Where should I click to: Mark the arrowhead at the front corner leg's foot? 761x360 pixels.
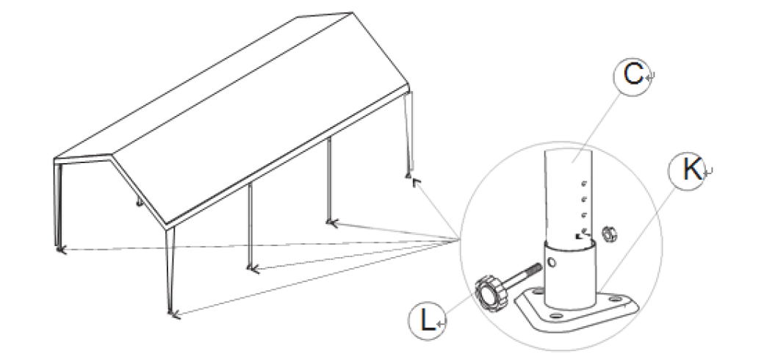pos(173,315)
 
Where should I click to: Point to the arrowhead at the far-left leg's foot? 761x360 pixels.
pos(60,251)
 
